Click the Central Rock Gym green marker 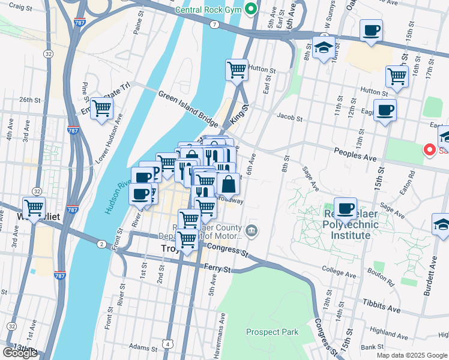pyautogui.click(x=251, y=8)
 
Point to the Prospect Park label pyautogui.click(x=272, y=332)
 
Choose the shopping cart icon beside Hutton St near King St pyautogui.click(x=237, y=70)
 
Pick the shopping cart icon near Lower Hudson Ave pyautogui.click(x=102, y=109)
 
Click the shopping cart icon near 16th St pyautogui.click(x=397, y=76)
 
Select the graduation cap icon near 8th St pyautogui.click(x=324, y=47)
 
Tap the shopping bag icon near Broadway pyautogui.click(x=228, y=184)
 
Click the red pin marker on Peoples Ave pyautogui.click(x=430, y=150)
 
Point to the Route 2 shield pyautogui.click(x=101, y=244)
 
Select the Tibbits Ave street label pyautogui.click(x=381, y=307)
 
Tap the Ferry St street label pyautogui.click(x=217, y=269)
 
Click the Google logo pyautogui.click(x=20, y=353)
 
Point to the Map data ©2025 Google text pyautogui.click(x=411, y=355)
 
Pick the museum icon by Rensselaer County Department pyautogui.click(x=252, y=229)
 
